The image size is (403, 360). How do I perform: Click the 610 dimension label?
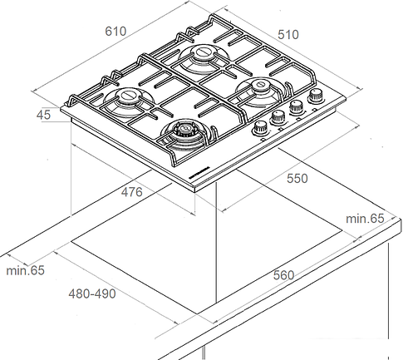(115, 32)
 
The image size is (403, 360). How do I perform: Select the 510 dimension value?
(288, 35)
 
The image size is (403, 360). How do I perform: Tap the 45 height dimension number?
(43, 115)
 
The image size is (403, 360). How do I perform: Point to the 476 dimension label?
(131, 192)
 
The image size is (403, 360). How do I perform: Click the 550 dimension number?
(297, 178)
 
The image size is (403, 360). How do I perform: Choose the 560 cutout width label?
(283, 275)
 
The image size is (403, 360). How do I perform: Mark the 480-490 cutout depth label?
(92, 293)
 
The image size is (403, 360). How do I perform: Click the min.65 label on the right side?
(365, 219)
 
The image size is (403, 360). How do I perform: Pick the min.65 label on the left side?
(25, 270)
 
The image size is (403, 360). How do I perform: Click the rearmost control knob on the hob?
(316, 96)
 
